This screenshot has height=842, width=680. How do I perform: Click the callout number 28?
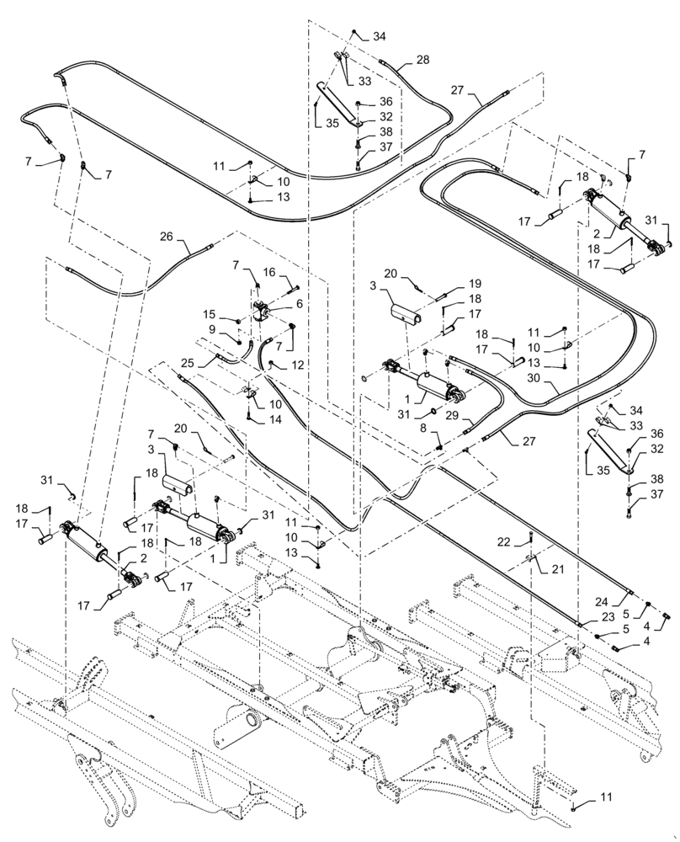422,60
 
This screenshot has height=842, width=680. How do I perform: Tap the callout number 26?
166,237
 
